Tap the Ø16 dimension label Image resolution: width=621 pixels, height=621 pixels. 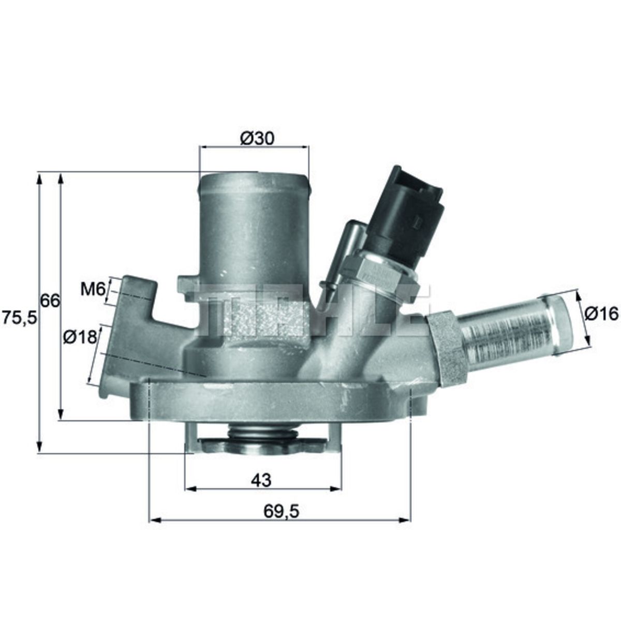click(602, 314)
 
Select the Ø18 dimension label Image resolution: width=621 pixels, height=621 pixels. click(80, 337)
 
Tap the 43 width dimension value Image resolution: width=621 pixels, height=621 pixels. click(261, 480)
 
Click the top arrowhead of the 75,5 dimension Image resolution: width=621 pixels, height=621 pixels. click(39, 178)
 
